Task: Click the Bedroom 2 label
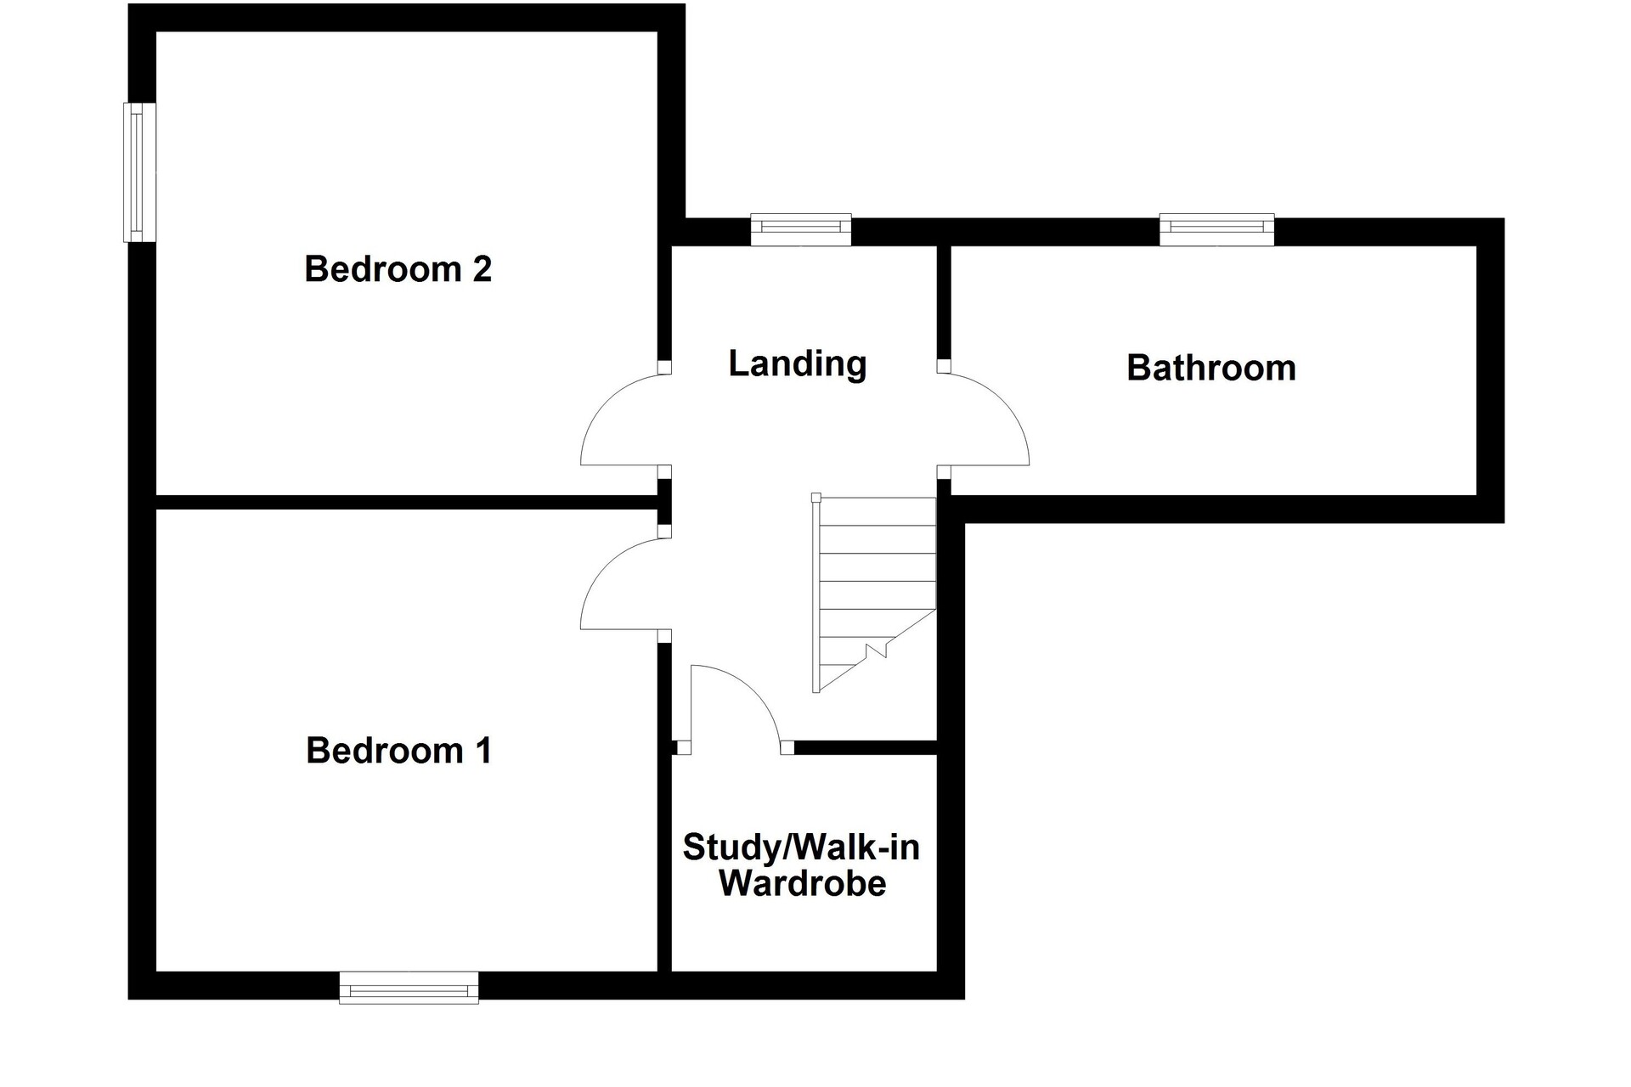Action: pyautogui.click(x=398, y=269)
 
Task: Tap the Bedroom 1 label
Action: pyautogui.click(x=398, y=751)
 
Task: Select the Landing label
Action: pyautogui.click(x=798, y=363)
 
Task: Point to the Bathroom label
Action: pyautogui.click(x=1211, y=368)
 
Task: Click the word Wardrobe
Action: pyautogui.click(x=803, y=883)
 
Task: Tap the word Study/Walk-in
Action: pyautogui.click(x=801, y=848)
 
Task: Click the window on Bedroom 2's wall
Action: pyautogui.click(x=139, y=172)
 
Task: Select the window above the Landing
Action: pyautogui.click(x=801, y=229)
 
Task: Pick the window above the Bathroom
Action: pyautogui.click(x=1217, y=229)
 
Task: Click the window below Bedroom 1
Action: pyautogui.click(x=409, y=988)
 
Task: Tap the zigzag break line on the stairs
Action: pyautogui.click(x=876, y=651)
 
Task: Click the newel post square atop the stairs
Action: pyautogui.click(x=816, y=498)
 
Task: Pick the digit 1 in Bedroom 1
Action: pyautogui.click(x=483, y=751)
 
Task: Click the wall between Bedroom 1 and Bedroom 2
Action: pyautogui.click(x=407, y=502)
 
